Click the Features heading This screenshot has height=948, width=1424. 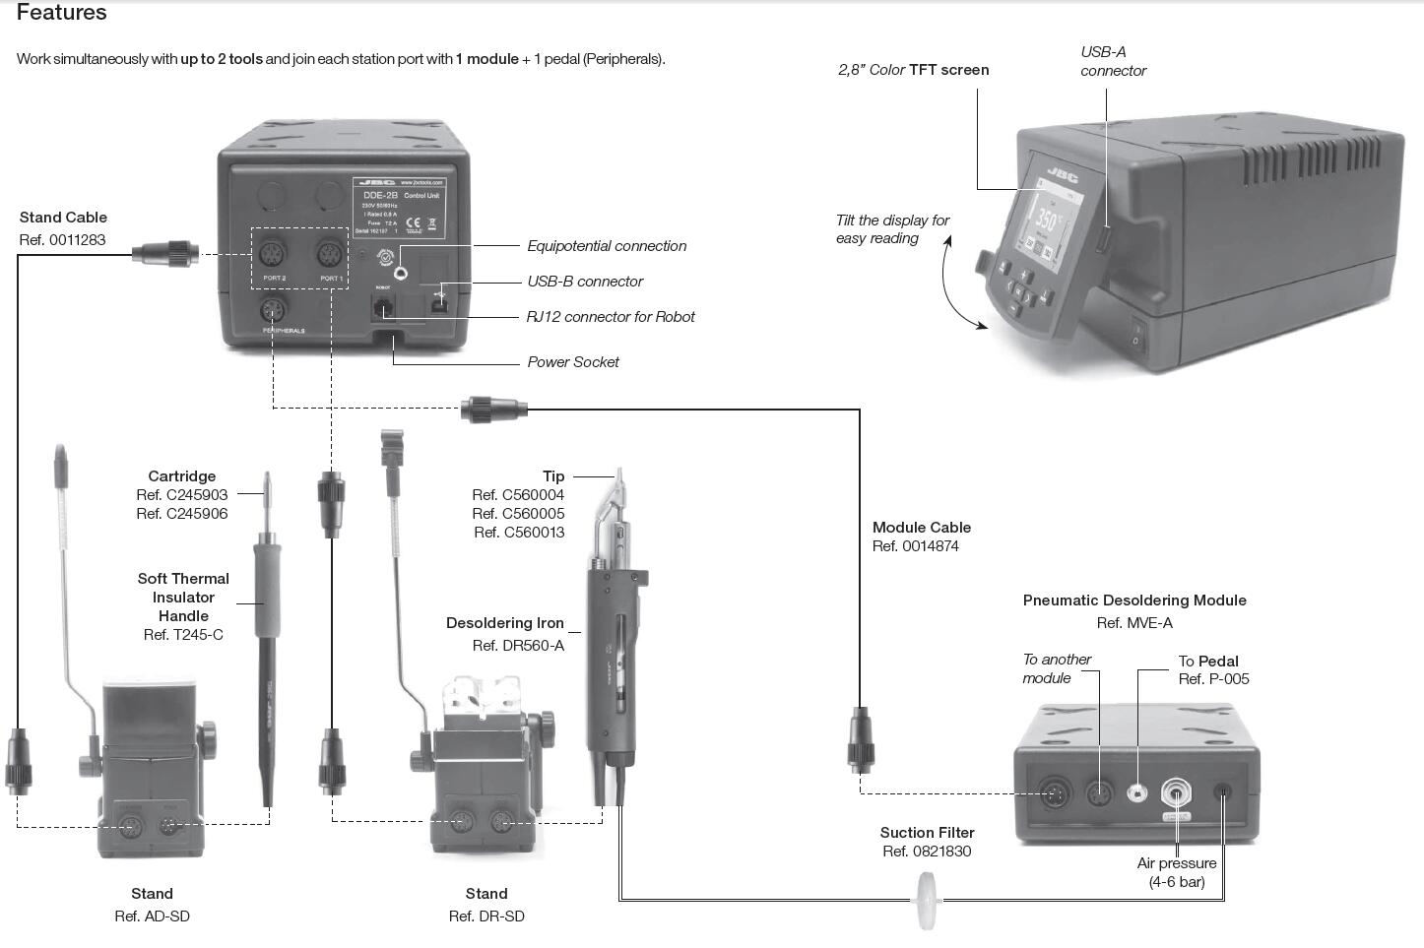click(62, 13)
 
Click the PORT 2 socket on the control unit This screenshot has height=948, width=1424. click(273, 255)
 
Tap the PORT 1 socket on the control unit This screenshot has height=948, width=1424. click(330, 255)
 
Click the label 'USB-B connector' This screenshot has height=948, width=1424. click(585, 282)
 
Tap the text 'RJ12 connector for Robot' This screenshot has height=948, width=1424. click(611, 317)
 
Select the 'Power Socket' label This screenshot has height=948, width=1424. click(573, 362)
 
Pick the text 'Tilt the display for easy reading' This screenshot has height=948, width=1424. click(892, 229)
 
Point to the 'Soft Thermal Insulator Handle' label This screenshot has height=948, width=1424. click(183, 598)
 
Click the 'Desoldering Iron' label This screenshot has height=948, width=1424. click(505, 623)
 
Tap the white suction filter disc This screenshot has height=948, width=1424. click(927, 900)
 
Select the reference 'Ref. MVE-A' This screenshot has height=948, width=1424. click(1134, 622)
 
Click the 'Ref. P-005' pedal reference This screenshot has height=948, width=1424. click(1213, 679)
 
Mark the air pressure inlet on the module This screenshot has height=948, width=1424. click(1177, 793)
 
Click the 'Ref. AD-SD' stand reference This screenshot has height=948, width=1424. click(152, 916)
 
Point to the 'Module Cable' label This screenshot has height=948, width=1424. click(922, 528)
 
